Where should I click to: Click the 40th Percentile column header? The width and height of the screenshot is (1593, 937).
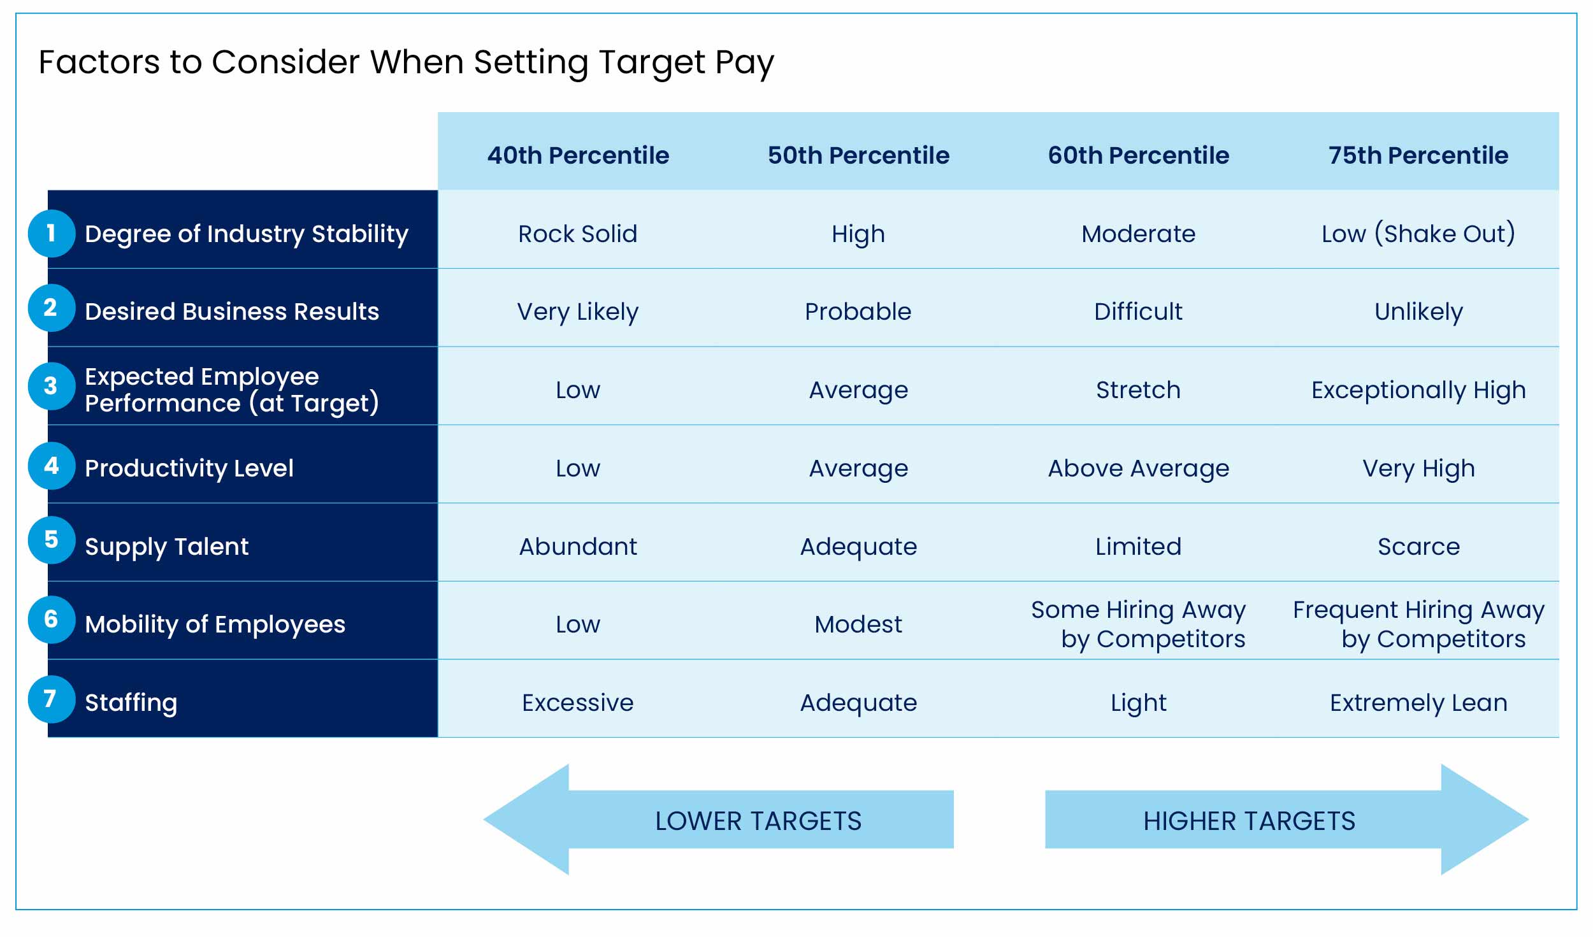coord(578,155)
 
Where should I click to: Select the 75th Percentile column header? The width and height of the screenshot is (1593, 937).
coord(1418,155)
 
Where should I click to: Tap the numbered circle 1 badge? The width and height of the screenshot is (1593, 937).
coord(52,233)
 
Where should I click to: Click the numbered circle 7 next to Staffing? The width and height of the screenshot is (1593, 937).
coord(52,699)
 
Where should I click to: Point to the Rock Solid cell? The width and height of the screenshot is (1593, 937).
coord(577,234)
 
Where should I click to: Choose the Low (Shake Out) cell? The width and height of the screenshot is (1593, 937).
coord(1418,234)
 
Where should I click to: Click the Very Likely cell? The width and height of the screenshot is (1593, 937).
coord(577,311)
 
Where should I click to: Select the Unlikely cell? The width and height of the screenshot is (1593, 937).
coord(1418,311)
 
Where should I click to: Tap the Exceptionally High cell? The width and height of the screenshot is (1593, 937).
coord(1418,390)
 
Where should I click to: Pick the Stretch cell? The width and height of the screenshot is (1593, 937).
coord(1138,390)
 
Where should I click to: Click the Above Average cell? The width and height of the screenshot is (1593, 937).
coord(1138,468)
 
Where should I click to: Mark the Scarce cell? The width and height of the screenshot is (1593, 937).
coord(1418,547)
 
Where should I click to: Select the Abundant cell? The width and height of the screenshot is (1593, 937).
coord(577,547)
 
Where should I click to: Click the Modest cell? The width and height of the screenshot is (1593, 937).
coord(858,624)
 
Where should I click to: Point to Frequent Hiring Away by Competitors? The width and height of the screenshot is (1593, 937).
coord(1418,624)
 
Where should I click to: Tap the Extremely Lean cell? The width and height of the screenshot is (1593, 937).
coord(1418,703)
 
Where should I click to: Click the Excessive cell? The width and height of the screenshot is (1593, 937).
coord(577,703)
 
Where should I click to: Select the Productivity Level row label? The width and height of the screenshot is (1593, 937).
coord(189,468)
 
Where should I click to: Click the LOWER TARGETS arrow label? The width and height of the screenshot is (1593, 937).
coord(758,821)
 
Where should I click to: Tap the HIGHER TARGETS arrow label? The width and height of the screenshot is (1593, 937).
coord(1249,821)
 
